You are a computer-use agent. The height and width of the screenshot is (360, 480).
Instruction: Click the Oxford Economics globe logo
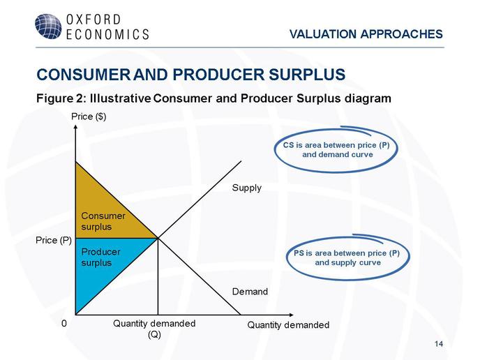(x=48, y=27)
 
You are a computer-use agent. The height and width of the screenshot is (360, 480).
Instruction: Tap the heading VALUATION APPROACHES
(x=366, y=34)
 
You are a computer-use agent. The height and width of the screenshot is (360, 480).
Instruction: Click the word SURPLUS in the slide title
(x=308, y=75)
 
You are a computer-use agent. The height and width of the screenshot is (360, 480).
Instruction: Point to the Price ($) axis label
(x=89, y=117)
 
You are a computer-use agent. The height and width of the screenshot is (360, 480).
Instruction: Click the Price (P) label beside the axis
(x=54, y=240)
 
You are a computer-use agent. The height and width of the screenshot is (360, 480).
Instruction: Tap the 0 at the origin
(x=64, y=323)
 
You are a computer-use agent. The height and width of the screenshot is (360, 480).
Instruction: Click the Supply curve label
(x=247, y=188)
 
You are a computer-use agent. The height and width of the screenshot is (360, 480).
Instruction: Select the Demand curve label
(x=250, y=292)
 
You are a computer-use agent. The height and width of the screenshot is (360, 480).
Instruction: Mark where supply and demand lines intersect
(x=158, y=238)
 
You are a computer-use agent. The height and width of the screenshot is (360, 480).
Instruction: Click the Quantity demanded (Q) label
(x=154, y=329)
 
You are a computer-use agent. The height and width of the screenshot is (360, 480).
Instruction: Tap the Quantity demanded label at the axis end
(x=288, y=324)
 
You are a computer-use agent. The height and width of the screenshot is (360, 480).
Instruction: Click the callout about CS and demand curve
(x=336, y=150)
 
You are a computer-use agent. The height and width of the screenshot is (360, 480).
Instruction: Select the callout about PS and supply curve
(x=347, y=257)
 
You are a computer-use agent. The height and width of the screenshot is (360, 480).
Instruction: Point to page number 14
(x=439, y=344)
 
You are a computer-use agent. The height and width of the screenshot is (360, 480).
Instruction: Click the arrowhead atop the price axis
(x=75, y=126)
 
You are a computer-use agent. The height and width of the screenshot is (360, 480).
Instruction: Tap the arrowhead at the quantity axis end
(x=291, y=315)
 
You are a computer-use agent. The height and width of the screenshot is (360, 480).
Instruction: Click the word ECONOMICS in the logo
(x=107, y=34)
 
